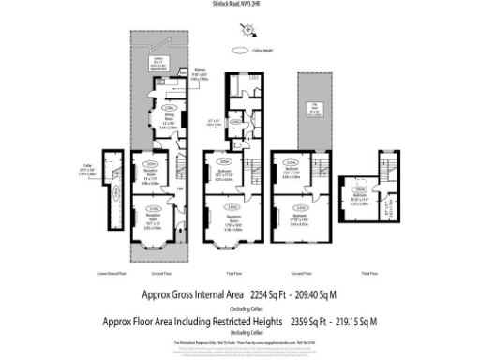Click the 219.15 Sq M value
354,322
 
